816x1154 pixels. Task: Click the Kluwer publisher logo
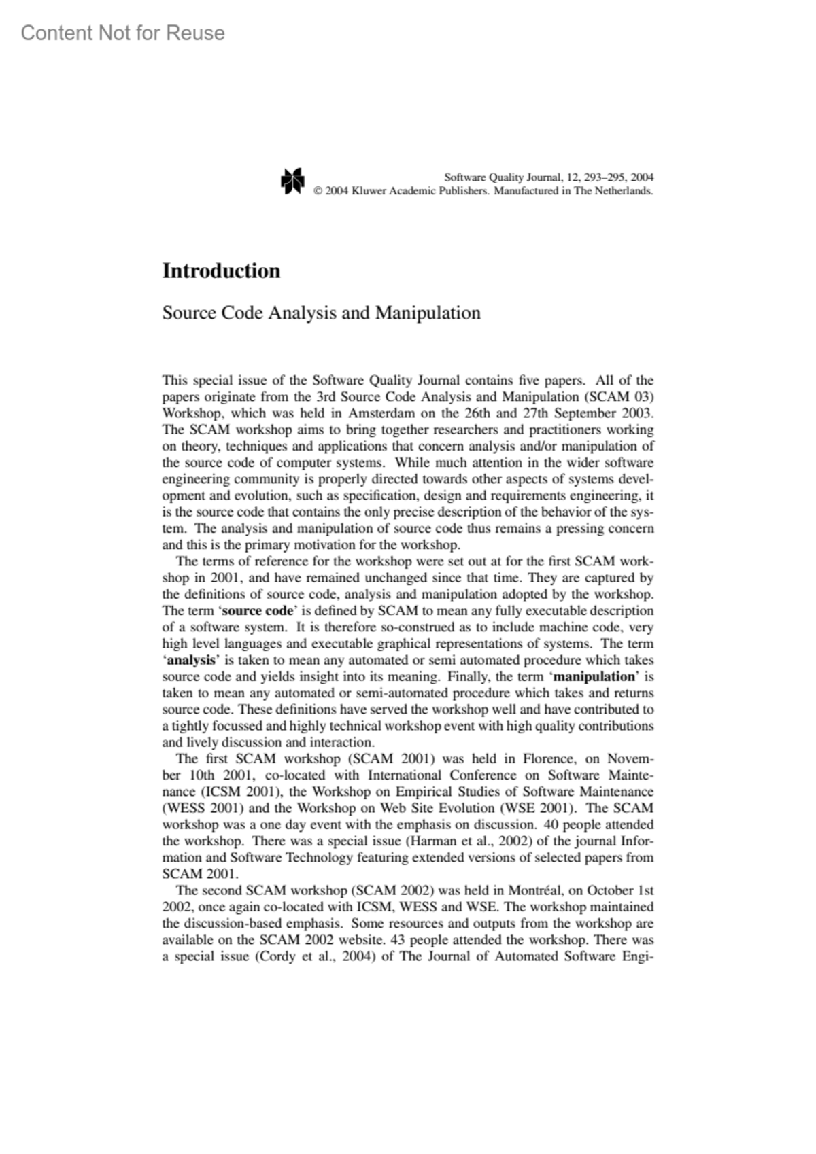tap(292, 180)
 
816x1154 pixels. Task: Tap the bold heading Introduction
tap(221, 270)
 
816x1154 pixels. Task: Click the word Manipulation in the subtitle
tap(428, 313)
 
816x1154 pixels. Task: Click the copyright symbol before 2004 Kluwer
tap(317, 191)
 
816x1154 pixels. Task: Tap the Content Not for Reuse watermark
tap(123, 33)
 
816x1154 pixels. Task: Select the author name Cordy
tap(278, 956)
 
